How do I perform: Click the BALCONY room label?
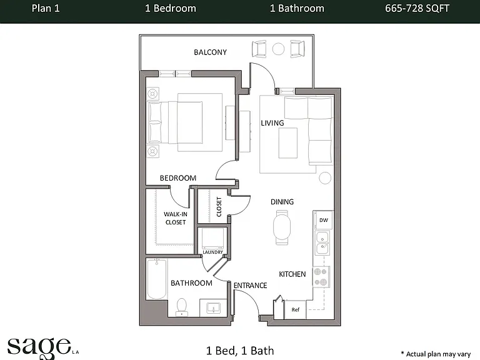(x=210, y=52)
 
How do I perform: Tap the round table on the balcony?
(x=278, y=49)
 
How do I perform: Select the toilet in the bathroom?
(x=181, y=307)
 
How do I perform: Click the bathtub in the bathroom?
(x=156, y=279)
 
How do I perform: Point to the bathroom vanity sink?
(x=213, y=307)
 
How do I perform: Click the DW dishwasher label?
(x=324, y=220)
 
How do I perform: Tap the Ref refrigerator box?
(x=296, y=310)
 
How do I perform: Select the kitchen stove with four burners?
(x=321, y=277)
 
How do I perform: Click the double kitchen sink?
(x=322, y=243)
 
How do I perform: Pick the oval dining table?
(x=282, y=227)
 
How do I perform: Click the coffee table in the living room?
(x=287, y=143)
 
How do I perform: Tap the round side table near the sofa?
(x=325, y=178)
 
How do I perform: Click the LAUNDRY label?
(x=212, y=252)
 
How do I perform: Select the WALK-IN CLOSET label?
(x=176, y=218)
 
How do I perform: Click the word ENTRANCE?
(x=250, y=286)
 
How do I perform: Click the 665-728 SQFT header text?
(x=417, y=8)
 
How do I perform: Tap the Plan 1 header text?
(x=46, y=8)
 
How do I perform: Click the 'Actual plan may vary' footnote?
(x=436, y=354)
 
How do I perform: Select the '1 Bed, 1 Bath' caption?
(x=240, y=351)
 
